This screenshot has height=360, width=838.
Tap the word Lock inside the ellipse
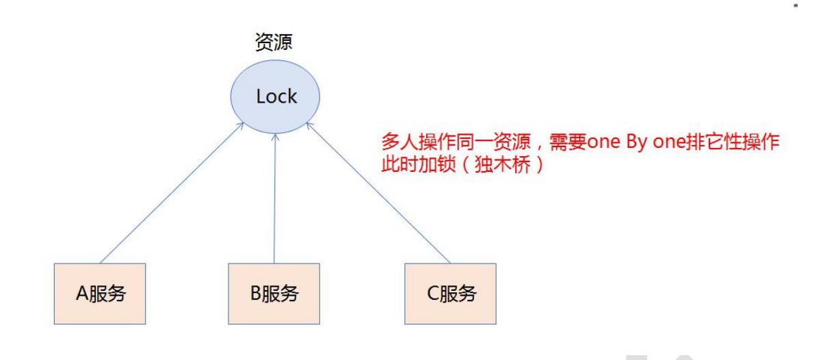[x=276, y=97]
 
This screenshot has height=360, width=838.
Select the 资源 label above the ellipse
[x=274, y=43]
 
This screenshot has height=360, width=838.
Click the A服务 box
[x=100, y=294]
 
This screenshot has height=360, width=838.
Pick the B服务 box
[x=274, y=294]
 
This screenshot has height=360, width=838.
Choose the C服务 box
[x=451, y=294]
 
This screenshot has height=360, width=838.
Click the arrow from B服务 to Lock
[x=274, y=198]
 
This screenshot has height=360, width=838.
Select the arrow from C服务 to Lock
[x=380, y=194]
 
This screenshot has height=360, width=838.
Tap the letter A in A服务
[x=80, y=294]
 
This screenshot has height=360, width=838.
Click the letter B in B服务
[x=256, y=294]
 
